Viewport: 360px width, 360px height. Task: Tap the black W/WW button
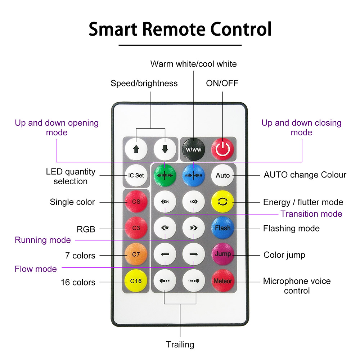[x=194, y=149]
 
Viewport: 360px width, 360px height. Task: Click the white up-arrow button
[x=136, y=149]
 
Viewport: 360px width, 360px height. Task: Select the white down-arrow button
[x=165, y=149]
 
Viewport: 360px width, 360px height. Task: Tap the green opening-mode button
[x=165, y=175]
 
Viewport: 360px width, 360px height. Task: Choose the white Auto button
[x=222, y=175]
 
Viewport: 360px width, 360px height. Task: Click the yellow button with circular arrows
[x=222, y=202]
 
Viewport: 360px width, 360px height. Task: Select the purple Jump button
[x=223, y=254]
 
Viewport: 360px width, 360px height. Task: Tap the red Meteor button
[x=223, y=280]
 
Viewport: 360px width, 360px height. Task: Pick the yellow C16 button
[x=136, y=280]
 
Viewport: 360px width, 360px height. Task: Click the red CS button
[x=136, y=202]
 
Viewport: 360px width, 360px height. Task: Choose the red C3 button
[x=136, y=228]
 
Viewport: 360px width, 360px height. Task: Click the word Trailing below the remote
[x=180, y=345]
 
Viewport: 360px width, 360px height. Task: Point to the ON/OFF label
[x=222, y=83]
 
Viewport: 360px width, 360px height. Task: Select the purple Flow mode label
[x=36, y=269]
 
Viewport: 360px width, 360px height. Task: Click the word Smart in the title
[x=113, y=29]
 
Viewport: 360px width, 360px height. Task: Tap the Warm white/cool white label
[x=194, y=64]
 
